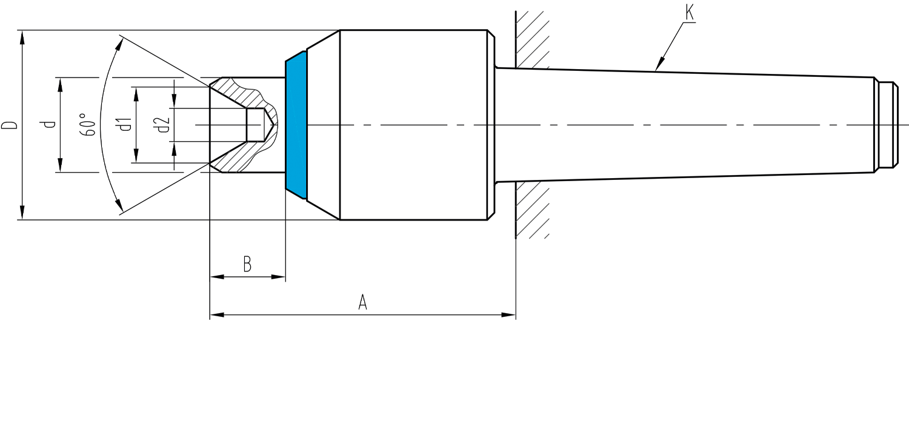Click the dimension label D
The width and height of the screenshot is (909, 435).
(10, 125)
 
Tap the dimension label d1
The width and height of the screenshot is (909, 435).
(125, 124)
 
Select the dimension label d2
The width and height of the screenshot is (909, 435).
(163, 125)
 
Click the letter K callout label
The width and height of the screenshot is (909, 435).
(689, 13)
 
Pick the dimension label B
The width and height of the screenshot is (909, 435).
(247, 264)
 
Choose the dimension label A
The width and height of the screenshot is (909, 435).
(362, 303)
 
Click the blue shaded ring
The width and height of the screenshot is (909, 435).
(296, 125)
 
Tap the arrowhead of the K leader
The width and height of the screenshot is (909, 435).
(660, 64)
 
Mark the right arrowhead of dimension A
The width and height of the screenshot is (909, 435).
(509, 314)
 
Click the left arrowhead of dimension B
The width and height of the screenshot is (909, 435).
(217, 277)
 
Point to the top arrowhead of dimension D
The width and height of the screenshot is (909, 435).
(22, 38)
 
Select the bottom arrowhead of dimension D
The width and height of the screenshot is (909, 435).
(22, 213)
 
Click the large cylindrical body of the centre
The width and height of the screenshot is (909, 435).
(413, 125)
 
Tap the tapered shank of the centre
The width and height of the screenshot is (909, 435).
(686, 125)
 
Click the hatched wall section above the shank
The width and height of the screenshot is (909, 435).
(532, 39)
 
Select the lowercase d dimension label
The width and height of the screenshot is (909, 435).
(50, 124)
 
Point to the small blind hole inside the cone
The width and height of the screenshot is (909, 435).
(256, 125)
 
